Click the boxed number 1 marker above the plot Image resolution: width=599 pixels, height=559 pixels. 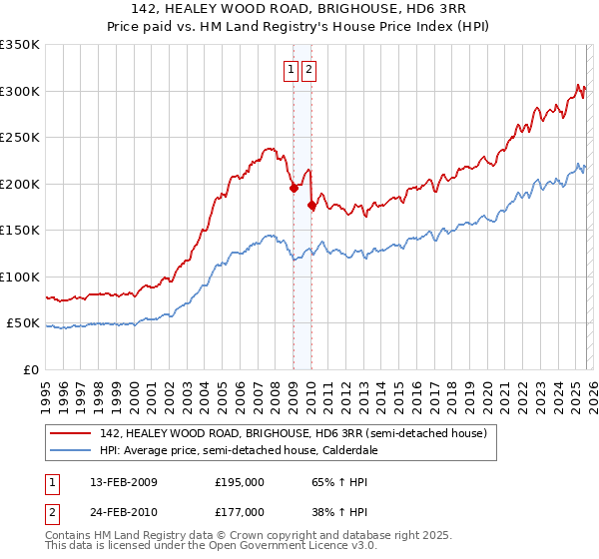291,69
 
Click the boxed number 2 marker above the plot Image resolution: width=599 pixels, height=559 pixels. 308,69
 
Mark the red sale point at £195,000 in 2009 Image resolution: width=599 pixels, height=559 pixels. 294,188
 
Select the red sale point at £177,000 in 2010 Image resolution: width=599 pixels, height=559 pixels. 311,205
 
